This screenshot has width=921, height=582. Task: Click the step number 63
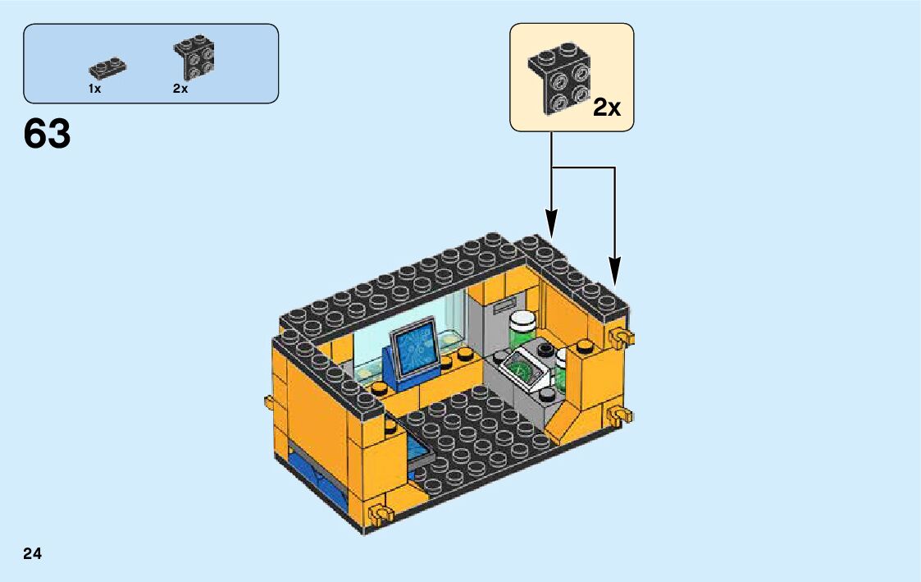[48, 135]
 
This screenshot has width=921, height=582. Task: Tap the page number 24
[33, 553]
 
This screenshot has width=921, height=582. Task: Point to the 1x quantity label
[95, 89]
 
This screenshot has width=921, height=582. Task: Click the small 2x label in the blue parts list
[180, 89]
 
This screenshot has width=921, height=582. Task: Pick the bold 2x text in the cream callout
[607, 107]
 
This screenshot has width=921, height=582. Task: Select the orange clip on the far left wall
[269, 402]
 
